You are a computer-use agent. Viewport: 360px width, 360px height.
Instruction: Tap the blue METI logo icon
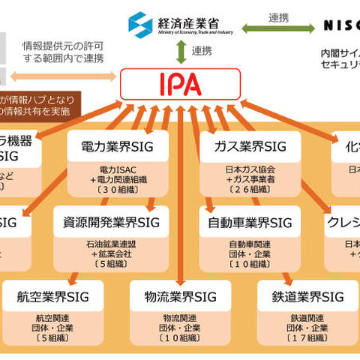click(x=139, y=25)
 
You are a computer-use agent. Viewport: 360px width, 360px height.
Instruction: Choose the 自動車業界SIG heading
click(x=246, y=222)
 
